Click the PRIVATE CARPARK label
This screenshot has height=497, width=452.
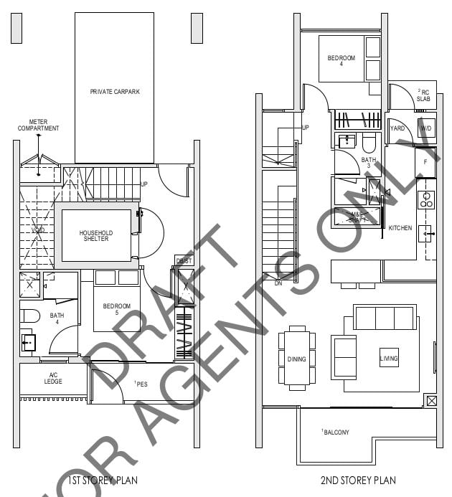114,92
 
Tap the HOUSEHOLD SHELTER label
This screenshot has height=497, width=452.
95,236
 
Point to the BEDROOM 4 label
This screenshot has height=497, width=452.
342,61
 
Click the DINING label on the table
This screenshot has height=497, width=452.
296,359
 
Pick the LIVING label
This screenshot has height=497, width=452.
388,359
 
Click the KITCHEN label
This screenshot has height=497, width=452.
400,228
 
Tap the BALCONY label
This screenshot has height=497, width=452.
335,432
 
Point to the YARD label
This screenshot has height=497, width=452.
397,129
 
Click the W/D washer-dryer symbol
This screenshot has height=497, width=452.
426,128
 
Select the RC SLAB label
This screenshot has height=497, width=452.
424,95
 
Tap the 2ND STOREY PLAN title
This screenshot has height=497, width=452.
357,481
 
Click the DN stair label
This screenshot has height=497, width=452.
278,283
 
